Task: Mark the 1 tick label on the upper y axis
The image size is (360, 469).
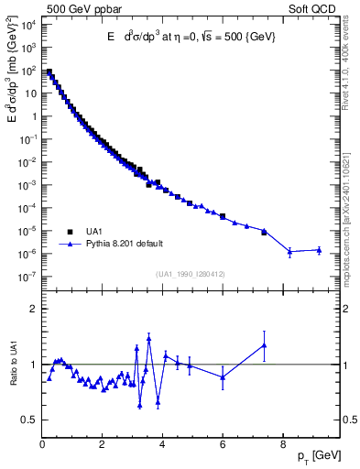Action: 32,116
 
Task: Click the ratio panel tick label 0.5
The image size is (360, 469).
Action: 29,420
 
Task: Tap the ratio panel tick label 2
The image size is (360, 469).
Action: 33,309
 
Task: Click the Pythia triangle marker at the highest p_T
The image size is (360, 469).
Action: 319,249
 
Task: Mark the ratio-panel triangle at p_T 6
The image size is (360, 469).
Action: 223,376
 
